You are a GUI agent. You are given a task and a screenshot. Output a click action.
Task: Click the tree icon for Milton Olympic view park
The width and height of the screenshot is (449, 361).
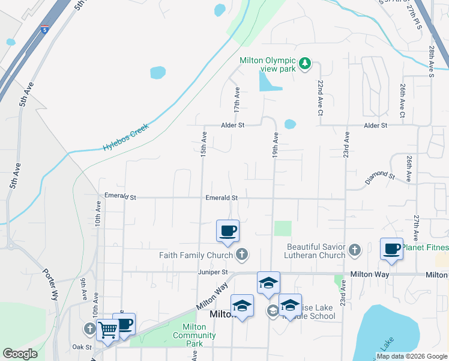click(x=305, y=63)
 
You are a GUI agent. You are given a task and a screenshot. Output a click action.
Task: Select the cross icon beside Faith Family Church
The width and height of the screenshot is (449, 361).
click(x=241, y=255)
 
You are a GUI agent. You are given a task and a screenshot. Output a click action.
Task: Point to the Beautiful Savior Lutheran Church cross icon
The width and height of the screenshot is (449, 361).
click(x=354, y=250)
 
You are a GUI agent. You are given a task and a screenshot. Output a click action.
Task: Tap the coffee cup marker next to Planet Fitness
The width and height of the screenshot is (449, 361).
click(x=391, y=248)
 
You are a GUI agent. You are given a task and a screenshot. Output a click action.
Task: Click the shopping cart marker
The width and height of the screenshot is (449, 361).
click(x=107, y=329)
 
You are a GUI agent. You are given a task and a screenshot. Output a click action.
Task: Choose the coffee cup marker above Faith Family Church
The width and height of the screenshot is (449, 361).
click(x=228, y=231)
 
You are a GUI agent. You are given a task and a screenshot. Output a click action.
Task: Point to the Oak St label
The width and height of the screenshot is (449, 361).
click(x=81, y=347)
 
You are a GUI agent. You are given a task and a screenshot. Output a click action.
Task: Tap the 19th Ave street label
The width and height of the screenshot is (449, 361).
click(x=276, y=145)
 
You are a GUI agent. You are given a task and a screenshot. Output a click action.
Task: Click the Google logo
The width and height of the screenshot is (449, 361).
click(x=20, y=354)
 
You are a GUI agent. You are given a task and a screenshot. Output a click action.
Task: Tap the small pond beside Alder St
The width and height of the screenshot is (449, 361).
click(x=290, y=124)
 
